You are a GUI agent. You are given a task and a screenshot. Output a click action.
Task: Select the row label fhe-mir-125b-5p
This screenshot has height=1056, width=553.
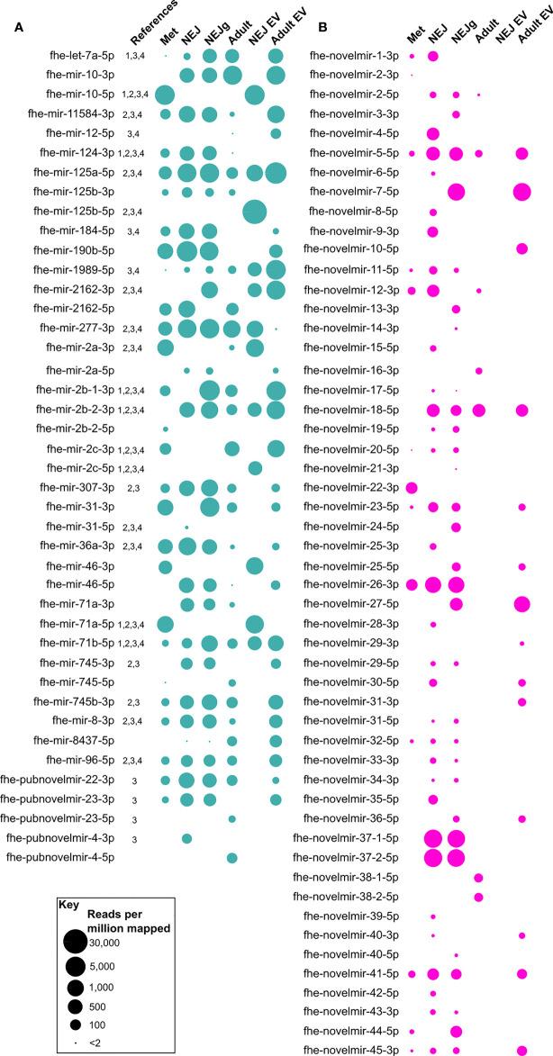[76, 212]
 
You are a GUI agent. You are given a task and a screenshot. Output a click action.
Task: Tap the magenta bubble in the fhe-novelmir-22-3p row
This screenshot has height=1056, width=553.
[412, 487]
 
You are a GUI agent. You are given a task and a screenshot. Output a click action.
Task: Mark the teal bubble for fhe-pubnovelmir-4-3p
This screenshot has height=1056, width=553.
[186, 838]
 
